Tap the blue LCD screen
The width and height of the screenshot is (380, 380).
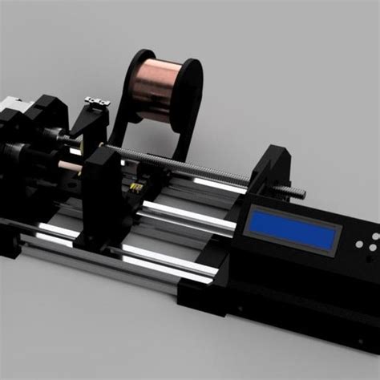293,228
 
